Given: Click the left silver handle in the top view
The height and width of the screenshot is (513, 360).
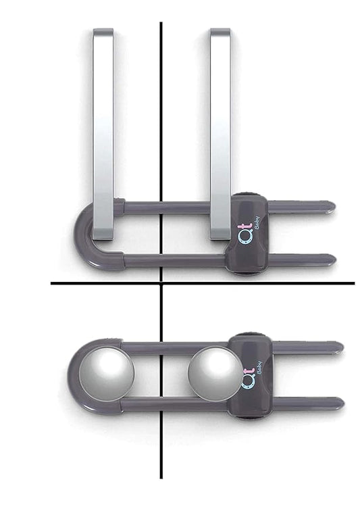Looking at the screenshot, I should [x=103, y=135].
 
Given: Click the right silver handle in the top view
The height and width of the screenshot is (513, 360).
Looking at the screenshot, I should [x=220, y=135].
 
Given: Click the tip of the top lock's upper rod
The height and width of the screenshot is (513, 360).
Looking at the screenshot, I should [x=331, y=204].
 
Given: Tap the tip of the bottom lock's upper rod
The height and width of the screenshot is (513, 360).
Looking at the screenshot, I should [x=340, y=347].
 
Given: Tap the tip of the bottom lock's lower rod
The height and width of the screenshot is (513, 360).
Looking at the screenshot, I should [x=340, y=403].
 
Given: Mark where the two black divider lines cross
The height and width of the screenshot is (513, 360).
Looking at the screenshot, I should [x=161, y=283].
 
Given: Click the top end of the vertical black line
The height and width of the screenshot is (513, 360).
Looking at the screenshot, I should [x=161, y=24].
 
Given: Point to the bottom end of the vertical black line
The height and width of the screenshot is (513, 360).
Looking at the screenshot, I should [x=161, y=477].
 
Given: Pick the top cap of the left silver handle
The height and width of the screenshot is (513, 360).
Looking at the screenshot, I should [x=103, y=31].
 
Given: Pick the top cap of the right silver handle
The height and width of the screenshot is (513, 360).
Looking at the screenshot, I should [x=220, y=31].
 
